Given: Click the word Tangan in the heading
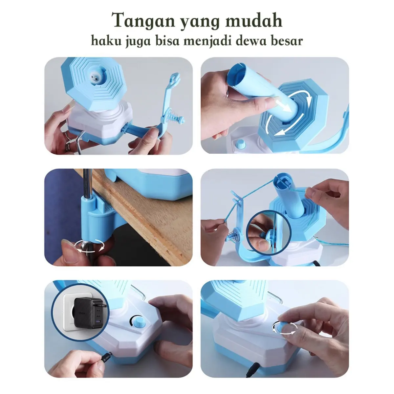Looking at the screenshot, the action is click(x=143, y=21).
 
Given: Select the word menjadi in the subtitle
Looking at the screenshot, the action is click(x=208, y=42).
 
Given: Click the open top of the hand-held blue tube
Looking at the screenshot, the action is click(x=238, y=73).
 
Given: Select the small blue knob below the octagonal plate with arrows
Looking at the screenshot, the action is click(x=240, y=144).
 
